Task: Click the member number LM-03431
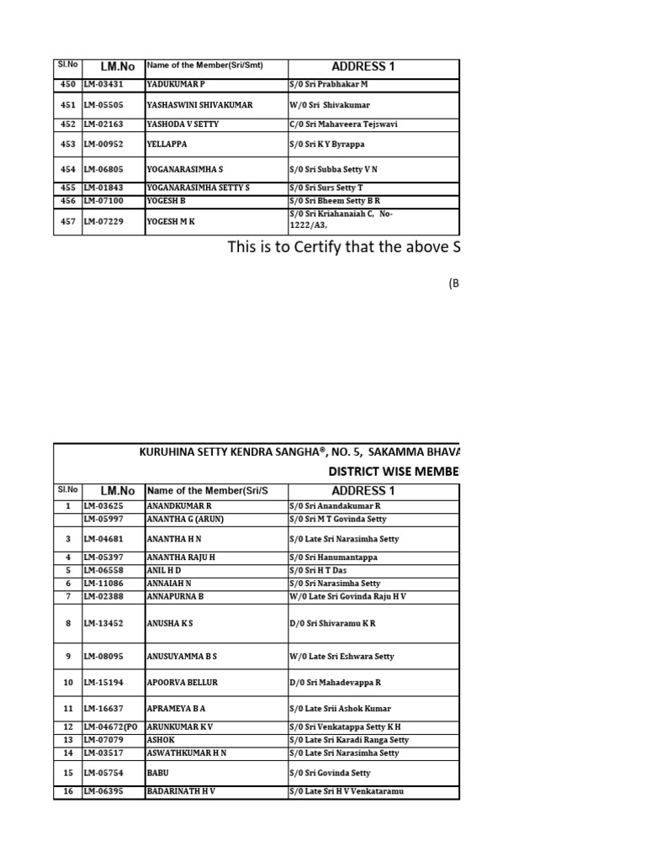(103, 85)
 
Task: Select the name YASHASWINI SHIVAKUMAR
(199, 105)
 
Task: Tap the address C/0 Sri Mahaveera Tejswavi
(342, 124)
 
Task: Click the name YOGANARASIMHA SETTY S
(198, 188)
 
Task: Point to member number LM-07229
(103, 220)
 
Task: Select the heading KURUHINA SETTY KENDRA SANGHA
(230, 452)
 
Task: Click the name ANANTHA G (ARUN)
(185, 520)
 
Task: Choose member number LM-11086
(103, 584)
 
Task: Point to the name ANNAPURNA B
(176, 597)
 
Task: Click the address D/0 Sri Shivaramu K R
(332, 624)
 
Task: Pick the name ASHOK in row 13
(161, 741)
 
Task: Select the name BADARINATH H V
(181, 792)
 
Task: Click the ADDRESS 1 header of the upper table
(363, 66)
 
